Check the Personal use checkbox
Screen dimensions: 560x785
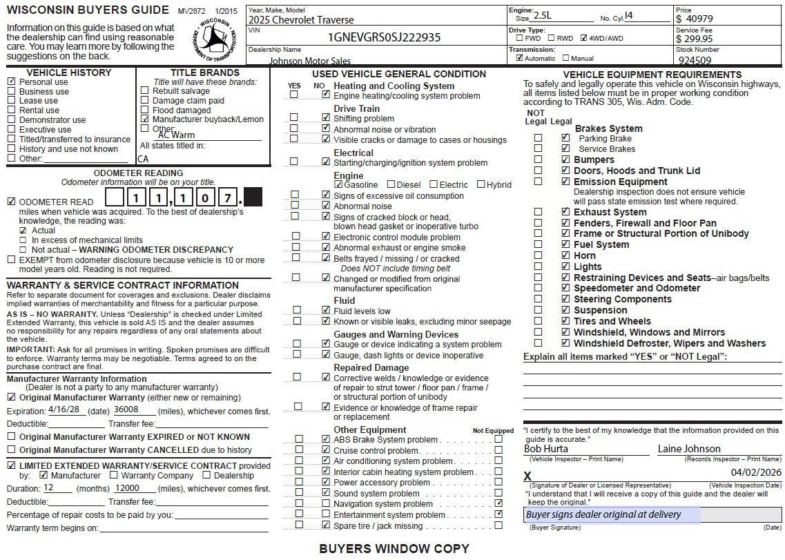(x=11, y=81)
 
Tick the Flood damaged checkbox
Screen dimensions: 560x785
(x=144, y=110)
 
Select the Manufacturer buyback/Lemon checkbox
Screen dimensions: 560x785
(x=144, y=119)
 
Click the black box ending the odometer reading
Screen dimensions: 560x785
(x=253, y=199)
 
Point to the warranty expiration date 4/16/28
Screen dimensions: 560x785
(x=65, y=409)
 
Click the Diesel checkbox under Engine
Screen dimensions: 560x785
(x=391, y=184)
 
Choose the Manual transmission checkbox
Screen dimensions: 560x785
(x=566, y=59)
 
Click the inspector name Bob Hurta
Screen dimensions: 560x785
(x=546, y=449)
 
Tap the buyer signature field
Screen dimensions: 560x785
(x=612, y=514)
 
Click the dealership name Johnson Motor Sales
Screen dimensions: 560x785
(x=309, y=61)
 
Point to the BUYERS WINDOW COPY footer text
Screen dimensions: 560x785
(x=394, y=549)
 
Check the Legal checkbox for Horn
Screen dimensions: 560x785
(x=565, y=255)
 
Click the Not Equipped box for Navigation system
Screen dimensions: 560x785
(x=498, y=504)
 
